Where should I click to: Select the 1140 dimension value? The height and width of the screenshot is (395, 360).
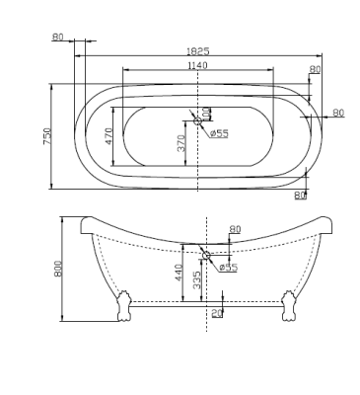point(198,65)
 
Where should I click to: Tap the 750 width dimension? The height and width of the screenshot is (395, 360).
point(46,137)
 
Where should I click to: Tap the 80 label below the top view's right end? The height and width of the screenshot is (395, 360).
point(300,195)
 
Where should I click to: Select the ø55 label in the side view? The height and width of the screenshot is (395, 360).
point(227,267)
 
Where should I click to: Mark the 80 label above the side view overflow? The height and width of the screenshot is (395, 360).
point(235,229)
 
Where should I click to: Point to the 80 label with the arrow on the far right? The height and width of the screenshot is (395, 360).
point(338,113)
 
